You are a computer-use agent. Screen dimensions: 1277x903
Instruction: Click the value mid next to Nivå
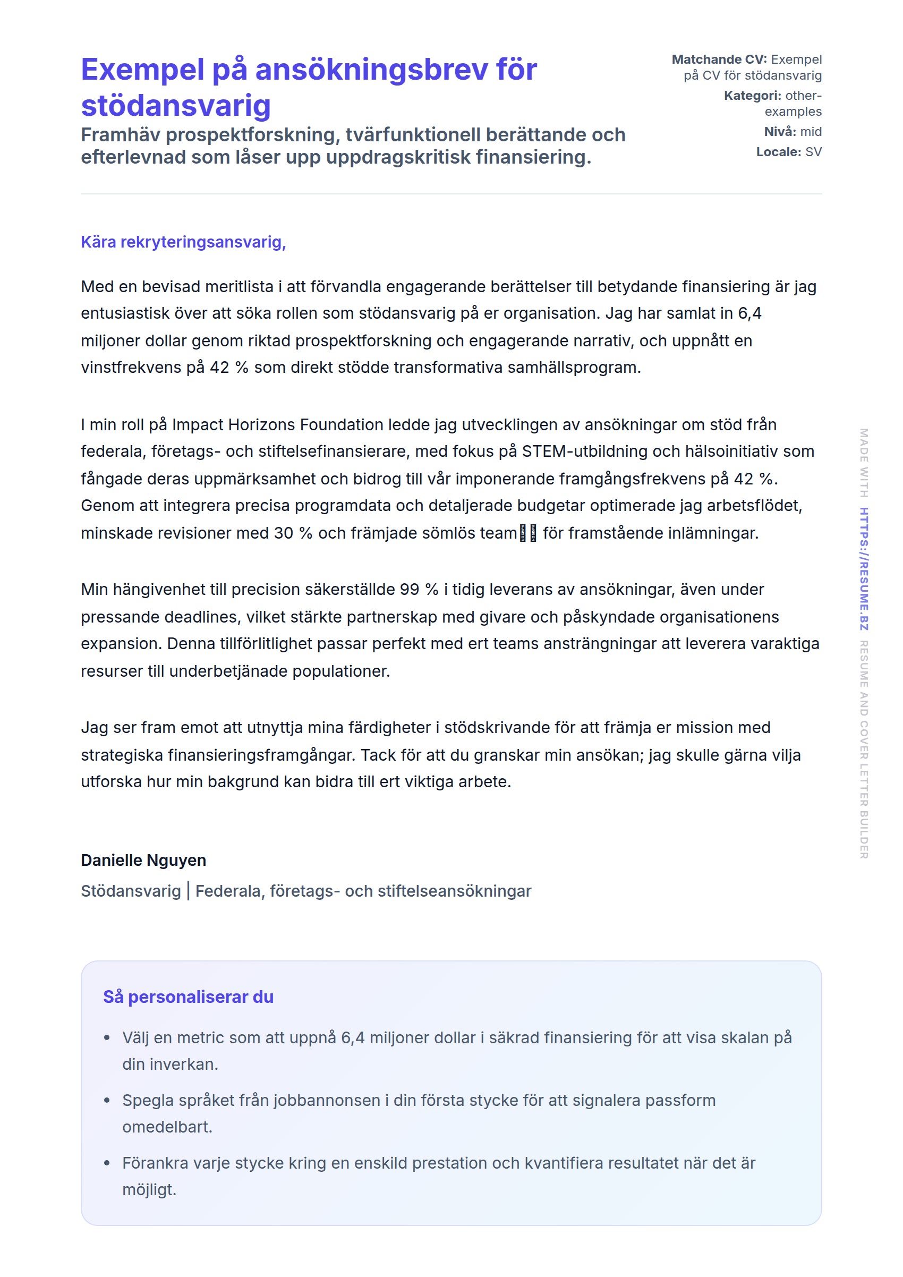pos(811,132)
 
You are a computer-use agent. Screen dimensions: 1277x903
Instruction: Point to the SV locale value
pos(813,152)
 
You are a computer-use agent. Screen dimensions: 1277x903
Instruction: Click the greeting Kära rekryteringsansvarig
pos(183,242)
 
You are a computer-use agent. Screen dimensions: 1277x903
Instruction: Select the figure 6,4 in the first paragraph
pos(749,313)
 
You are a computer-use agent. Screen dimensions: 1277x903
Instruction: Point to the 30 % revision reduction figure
pos(293,533)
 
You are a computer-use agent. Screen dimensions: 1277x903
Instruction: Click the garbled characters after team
pos(527,533)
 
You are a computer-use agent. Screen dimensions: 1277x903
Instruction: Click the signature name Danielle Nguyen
pos(143,860)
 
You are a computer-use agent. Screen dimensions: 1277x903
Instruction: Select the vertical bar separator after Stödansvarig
pos(189,890)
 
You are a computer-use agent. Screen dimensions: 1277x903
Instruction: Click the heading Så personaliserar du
pos(188,997)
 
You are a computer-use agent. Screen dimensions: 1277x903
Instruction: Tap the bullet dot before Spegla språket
pos(107,1100)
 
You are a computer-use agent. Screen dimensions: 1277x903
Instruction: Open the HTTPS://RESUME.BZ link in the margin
pos(864,568)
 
